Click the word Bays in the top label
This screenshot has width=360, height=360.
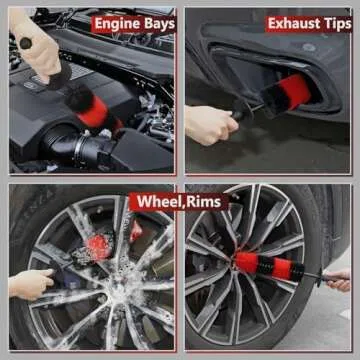[159, 23]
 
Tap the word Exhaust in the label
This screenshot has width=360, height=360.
[293, 22]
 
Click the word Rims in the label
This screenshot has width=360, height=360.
[206, 202]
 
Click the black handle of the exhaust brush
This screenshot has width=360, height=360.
[241, 114]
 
